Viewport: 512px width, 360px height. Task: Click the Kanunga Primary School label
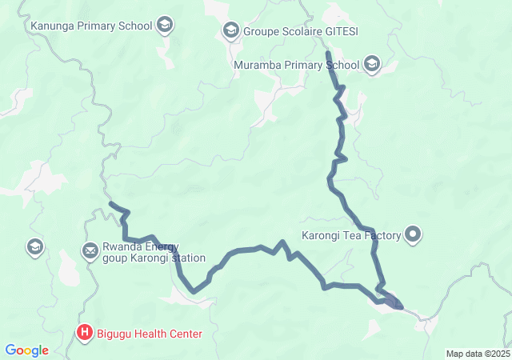click(x=90, y=25)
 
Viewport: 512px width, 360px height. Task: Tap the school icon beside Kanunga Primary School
click(x=165, y=25)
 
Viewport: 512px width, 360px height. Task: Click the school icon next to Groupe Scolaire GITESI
click(x=230, y=31)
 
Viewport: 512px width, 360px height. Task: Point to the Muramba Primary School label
click(x=297, y=64)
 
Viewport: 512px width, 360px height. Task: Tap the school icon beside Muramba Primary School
click(x=372, y=64)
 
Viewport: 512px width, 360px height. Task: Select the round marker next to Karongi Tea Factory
click(x=413, y=234)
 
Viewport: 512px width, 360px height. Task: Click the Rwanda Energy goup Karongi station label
click(x=154, y=252)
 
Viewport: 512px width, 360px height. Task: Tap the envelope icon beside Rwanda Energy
click(x=90, y=252)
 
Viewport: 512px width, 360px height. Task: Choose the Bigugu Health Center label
click(x=151, y=333)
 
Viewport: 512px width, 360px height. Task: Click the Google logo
click(x=26, y=350)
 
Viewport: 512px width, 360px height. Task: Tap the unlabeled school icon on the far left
click(x=34, y=246)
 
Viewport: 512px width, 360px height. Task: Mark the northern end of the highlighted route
click(x=328, y=54)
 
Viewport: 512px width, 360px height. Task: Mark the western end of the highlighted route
click(x=110, y=204)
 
